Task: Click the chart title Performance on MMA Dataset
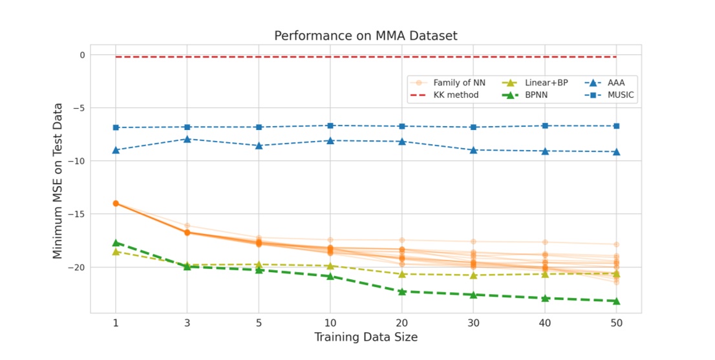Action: [x=365, y=36]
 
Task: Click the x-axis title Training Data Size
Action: [x=365, y=337]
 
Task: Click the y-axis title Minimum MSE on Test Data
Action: [x=58, y=180]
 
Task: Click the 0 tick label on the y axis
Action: [x=82, y=55]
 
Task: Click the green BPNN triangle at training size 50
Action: [x=616, y=301]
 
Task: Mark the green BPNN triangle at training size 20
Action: [x=401, y=291]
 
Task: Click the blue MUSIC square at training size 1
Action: [x=116, y=127]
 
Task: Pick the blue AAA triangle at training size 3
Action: [x=187, y=139]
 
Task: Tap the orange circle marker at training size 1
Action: [x=116, y=203]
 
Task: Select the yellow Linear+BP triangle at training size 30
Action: [x=473, y=275]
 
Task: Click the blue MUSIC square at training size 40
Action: [x=545, y=125]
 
